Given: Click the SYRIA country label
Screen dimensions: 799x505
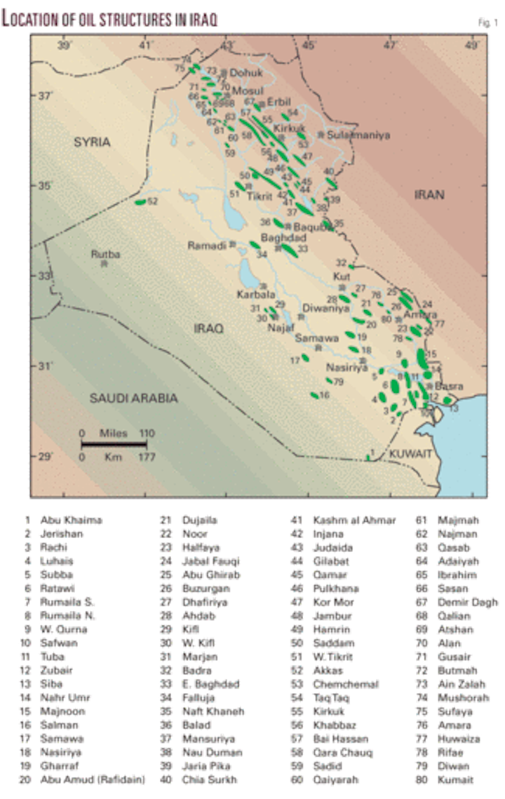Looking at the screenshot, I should coord(93,142).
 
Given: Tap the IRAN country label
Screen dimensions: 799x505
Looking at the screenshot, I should coord(429,196).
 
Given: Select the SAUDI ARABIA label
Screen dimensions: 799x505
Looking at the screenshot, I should coord(133,398).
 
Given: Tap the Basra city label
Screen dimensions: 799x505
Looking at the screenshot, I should coord(446,386).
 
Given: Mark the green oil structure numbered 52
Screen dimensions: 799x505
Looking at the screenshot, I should coord(140,202).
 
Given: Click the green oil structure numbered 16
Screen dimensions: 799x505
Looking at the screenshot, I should coord(314,396).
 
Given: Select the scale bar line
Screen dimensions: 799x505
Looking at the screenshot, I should coord(114,444).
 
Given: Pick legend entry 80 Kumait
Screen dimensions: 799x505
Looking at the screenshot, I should coord(455,779).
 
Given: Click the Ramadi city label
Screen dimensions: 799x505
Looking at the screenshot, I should coord(203,246).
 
